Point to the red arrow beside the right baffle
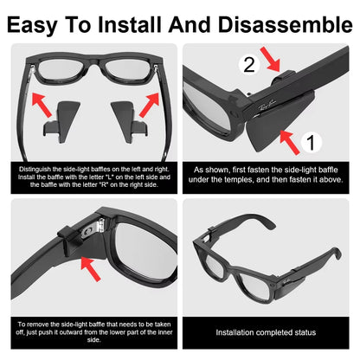point(150,103)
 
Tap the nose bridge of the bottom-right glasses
point(239,260)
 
